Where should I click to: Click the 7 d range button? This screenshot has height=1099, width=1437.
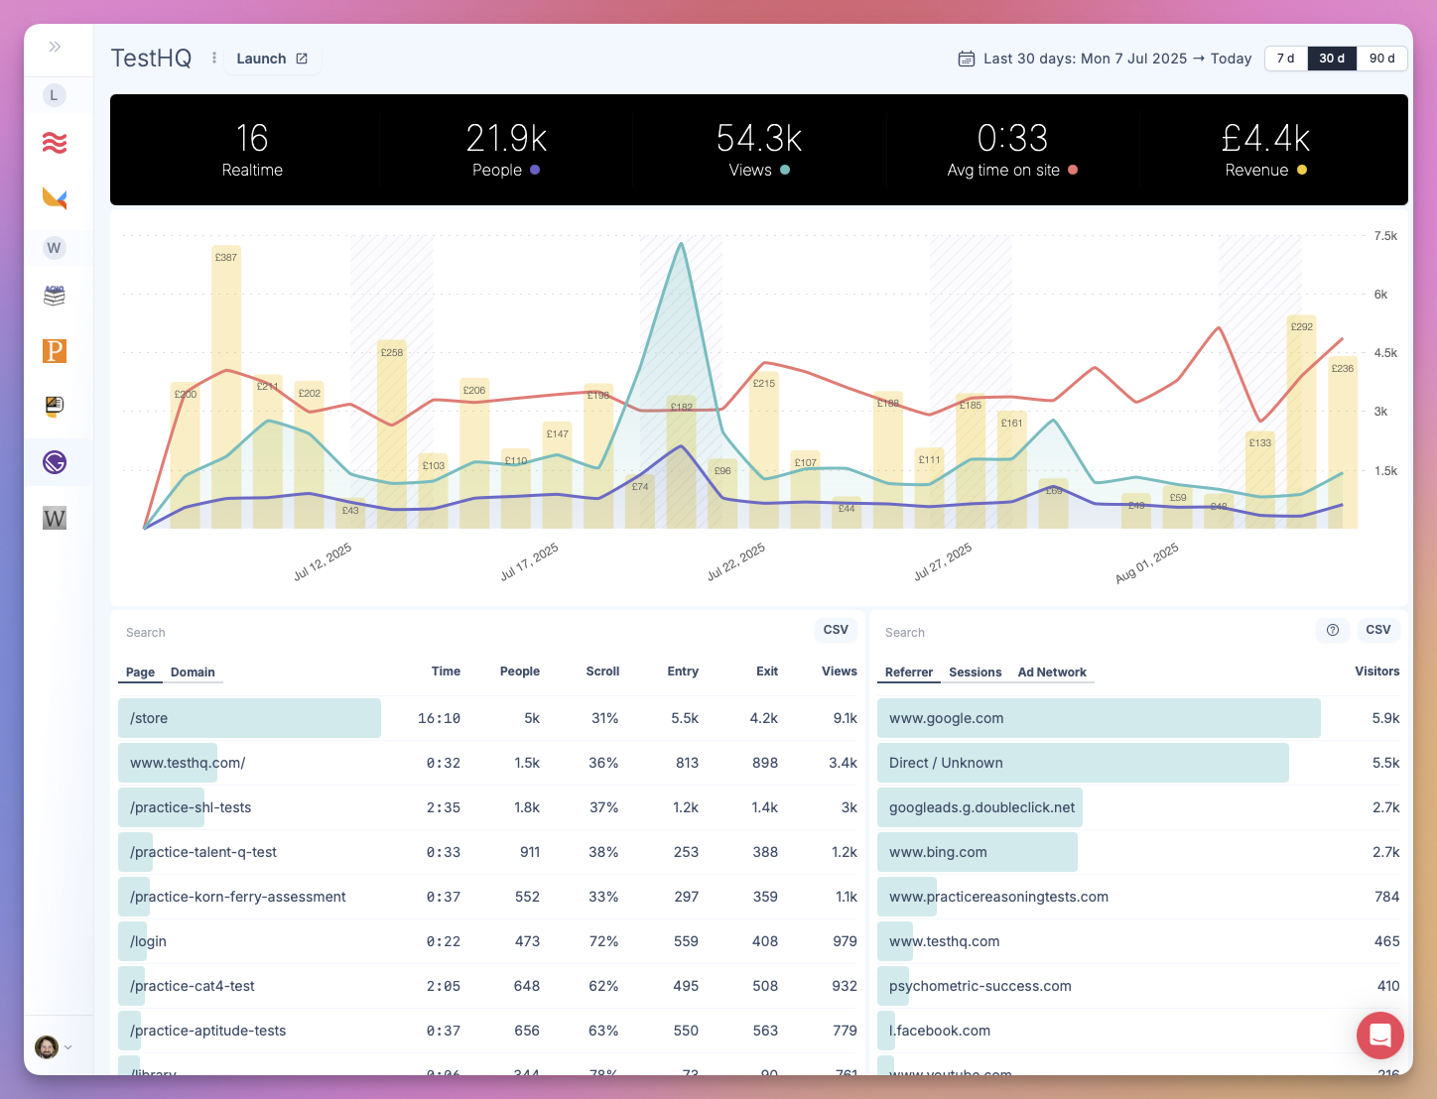[x=1285, y=59]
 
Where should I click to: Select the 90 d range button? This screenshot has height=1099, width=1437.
[x=1381, y=59]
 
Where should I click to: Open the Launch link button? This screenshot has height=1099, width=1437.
[x=272, y=59]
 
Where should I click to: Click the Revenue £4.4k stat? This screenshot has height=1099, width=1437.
[x=1265, y=150]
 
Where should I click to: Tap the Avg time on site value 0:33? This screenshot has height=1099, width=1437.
[x=1012, y=138]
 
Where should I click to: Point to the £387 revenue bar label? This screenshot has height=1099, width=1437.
[x=225, y=257]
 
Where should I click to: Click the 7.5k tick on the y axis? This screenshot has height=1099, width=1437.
[x=1385, y=236]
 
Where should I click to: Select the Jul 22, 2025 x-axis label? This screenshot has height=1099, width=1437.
[x=736, y=561]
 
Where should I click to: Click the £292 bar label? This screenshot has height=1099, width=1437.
[x=1301, y=326]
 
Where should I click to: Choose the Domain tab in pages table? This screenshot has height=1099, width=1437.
[x=193, y=672]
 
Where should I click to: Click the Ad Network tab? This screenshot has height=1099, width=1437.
[x=1052, y=672]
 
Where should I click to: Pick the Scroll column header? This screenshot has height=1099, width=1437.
[x=602, y=672]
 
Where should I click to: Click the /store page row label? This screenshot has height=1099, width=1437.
[x=149, y=718]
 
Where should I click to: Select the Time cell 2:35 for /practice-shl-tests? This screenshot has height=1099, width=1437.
[x=444, y=807]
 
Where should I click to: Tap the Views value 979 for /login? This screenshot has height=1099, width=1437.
[x=845, y=941]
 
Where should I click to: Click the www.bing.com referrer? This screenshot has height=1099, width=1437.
[x=938, y=852]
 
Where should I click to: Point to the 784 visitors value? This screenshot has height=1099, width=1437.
[x=1386, y=897]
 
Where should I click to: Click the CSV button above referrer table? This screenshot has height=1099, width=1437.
[x=1377, y=630]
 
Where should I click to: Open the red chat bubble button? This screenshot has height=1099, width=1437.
[x=1379, y=1036]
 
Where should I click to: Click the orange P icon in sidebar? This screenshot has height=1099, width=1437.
[x=55, y=351]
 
